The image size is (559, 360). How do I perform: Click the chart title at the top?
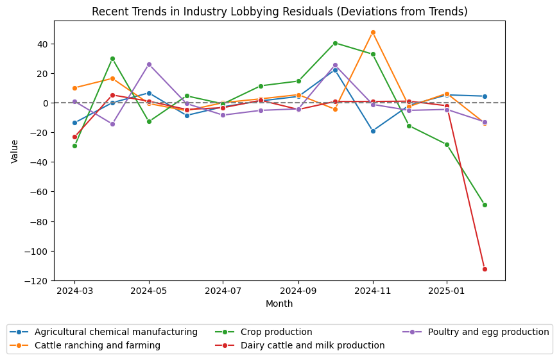[279, 12]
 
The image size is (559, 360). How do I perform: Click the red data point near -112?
[485, 269]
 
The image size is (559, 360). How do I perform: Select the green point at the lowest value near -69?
[485, 205]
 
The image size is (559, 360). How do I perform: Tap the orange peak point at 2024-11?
[373, 32]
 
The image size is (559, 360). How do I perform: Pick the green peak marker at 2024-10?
[335, 43]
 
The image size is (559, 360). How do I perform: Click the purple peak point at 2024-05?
[149, 64]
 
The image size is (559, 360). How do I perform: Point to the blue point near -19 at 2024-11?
[373, 131]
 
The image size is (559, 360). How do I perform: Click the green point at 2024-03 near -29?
[74, 146]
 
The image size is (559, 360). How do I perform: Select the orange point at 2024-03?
[74, 88]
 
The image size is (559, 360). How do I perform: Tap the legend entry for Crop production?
[276, 332]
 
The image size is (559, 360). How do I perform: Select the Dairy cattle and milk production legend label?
[313, 345]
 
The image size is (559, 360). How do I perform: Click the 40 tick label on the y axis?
[41, 44]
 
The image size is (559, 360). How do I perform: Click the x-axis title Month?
[279, 304]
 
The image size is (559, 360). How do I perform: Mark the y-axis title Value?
[15, 151]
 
